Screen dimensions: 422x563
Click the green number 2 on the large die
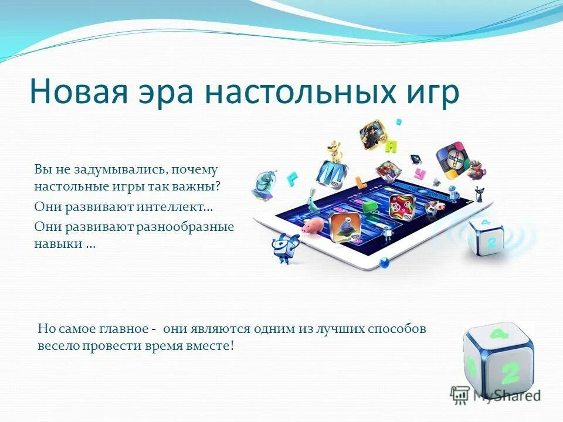pyautogui.click(x=510, y=373)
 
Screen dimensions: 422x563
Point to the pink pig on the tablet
pyautogui.click(x=314, y=226)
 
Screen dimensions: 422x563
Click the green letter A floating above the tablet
pyautogui.click(x=392, y=146)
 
